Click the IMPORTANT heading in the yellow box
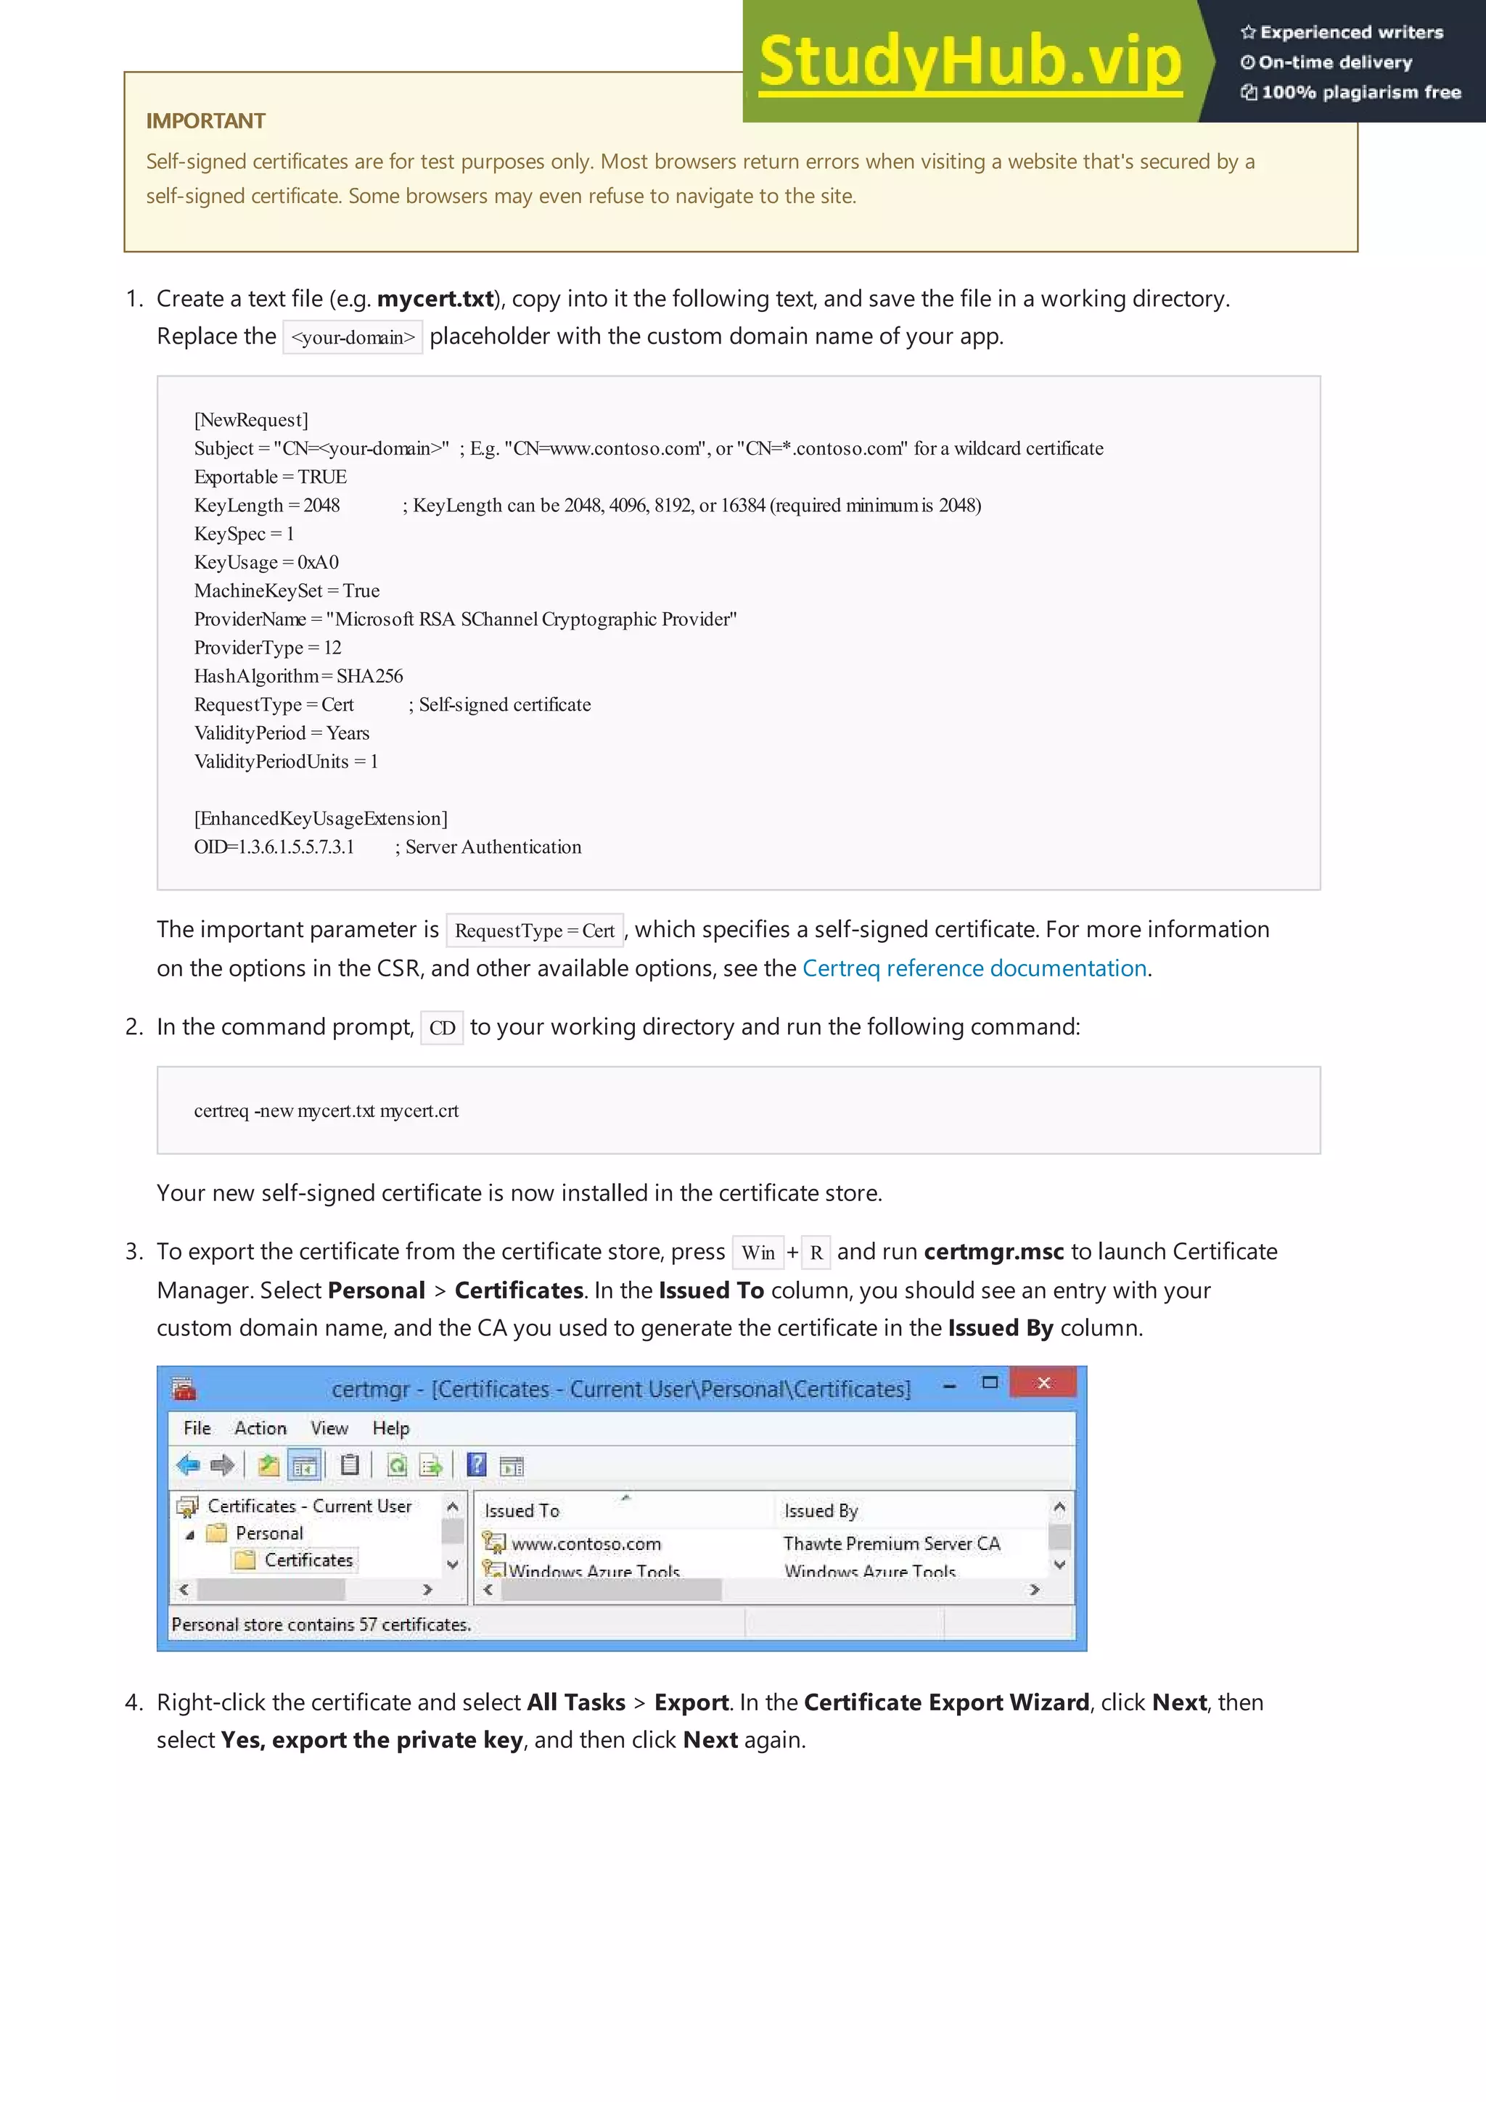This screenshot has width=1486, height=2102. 205,121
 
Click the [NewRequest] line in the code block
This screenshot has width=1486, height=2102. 251,420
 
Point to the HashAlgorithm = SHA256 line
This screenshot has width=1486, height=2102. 298,677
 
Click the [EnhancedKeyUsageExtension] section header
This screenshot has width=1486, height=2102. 321,818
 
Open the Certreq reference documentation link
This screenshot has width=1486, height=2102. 974,968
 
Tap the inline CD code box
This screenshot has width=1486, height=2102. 442,1028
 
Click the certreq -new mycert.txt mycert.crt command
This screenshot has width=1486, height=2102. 326,1111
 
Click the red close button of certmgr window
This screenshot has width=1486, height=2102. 1043,1383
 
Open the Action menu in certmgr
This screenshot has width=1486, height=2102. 260,1428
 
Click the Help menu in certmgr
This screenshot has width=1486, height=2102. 390,1428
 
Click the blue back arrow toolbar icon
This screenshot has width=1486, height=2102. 188,1466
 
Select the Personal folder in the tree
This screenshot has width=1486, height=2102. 268,1533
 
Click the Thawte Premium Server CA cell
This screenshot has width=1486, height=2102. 891,1543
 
